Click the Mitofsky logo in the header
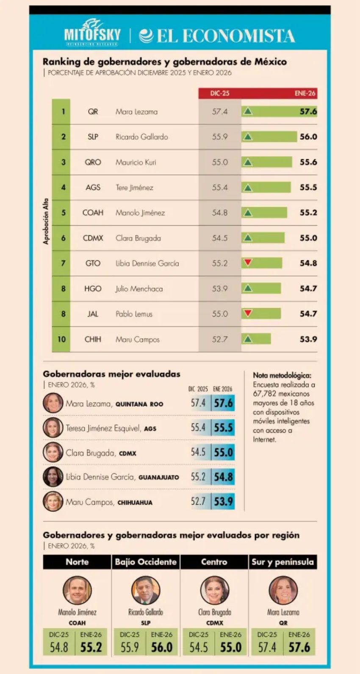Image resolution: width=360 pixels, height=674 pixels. tap(92, 32)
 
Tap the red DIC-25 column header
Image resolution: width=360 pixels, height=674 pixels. tap(220, 93)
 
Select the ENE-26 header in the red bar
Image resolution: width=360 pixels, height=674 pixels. tap(305, 93)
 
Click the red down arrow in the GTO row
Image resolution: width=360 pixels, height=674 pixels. tap(248, 263)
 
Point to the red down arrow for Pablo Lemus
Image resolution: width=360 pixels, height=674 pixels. tap(248, 313)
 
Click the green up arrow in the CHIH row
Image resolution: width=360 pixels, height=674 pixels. tap(248, 339)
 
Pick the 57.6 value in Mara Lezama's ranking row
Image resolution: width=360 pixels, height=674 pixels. tap(308, 111)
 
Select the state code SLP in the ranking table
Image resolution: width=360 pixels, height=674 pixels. tap(93, 137)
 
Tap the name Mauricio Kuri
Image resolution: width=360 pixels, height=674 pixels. tap(136, 162)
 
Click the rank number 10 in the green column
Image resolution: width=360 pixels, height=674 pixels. tap(62, 339)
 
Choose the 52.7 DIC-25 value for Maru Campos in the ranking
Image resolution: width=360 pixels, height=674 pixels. tap(220, 339)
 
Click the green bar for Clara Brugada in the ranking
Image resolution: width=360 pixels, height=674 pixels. tap(263, 238)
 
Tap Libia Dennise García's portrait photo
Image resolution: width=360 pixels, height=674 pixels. tap(53, 477)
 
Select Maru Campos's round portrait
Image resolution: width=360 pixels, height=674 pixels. tap(53, 502)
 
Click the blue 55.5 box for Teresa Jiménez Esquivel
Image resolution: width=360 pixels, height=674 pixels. tap(223, 428)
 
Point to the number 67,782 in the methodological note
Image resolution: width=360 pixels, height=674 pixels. tap(266, 394)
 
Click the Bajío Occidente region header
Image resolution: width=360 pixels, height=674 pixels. tap(146, 562)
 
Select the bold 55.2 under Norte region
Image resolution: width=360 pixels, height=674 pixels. tap(91, 647)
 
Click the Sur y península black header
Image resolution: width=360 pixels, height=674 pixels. tap(282, 562)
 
